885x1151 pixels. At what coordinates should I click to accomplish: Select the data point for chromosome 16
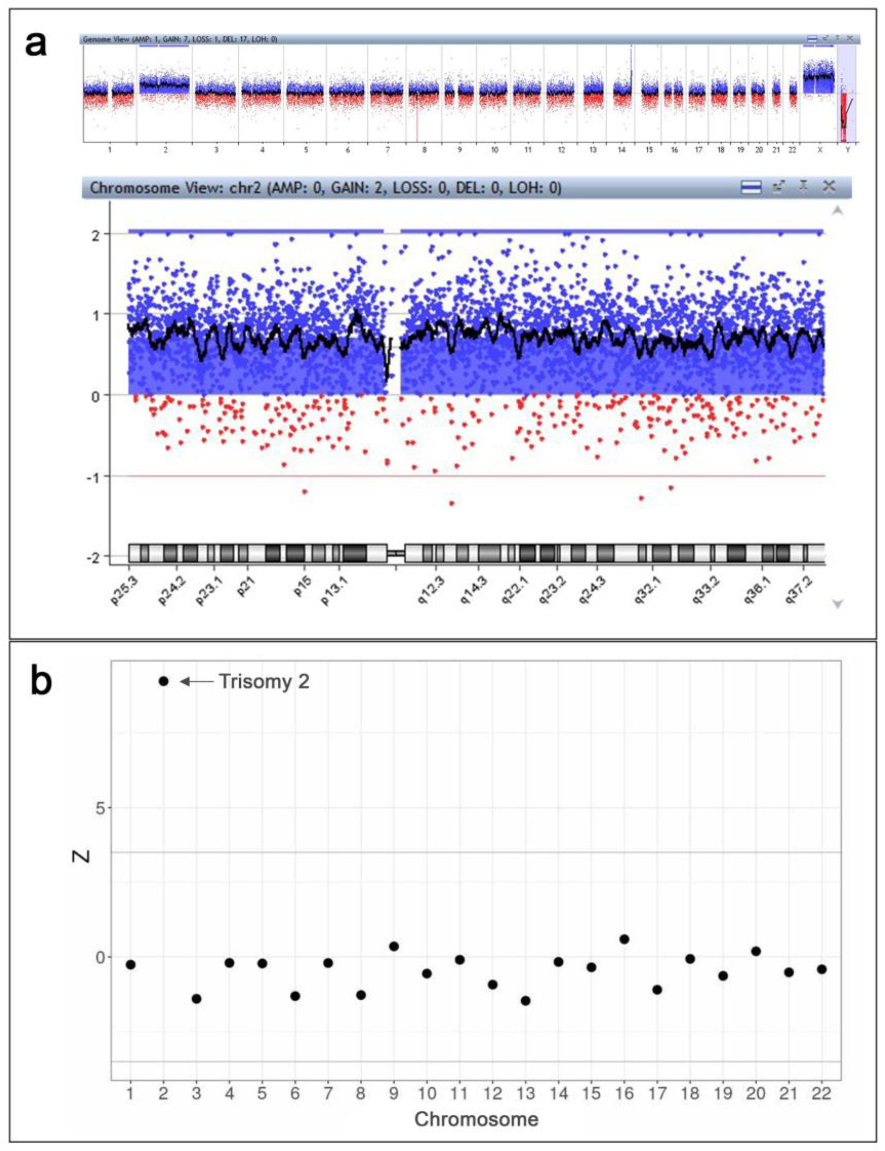(624, 939)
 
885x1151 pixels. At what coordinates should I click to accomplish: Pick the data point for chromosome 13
(525, 1001)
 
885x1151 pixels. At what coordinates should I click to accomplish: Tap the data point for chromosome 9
(394, 946)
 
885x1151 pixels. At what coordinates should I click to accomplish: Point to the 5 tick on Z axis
(100, 808)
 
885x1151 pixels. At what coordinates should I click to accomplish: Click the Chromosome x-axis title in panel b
(476, 1119)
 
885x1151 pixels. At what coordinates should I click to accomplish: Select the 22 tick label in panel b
(821, 1094)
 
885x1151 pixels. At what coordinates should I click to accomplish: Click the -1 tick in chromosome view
(95, 476)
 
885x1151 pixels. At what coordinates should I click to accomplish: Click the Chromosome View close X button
(829, 186)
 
